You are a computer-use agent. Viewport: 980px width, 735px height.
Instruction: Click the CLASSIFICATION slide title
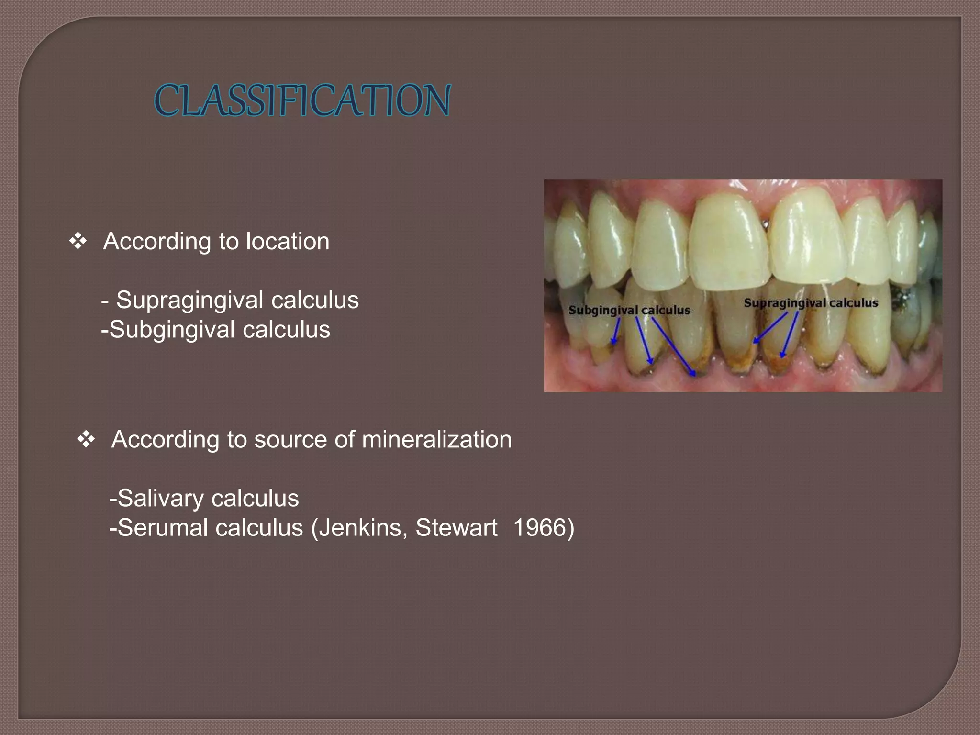pyautogui.click(x=302, y=100)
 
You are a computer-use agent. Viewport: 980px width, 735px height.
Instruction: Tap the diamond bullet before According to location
pyautogui.click(x=78, y=241)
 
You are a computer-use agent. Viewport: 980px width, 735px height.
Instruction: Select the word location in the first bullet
pyautogui.click(x=287, y=241)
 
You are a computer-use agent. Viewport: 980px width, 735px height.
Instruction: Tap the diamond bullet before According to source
pyautogui.click(x=86, y=439)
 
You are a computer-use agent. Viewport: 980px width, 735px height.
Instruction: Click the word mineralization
pyautogui.click(x=436, y=439)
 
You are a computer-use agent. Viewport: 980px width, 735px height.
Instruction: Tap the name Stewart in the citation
pyautogui.click(x=456, y=528)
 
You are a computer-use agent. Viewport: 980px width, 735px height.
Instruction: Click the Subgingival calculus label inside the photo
pyautogui.click(x=629, y=310)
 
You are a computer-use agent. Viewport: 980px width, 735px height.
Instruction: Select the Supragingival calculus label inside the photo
pyautogui.click(x=811, y=303)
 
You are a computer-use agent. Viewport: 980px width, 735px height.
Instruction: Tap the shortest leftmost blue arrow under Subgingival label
pyautogui.click(x=616, y=331)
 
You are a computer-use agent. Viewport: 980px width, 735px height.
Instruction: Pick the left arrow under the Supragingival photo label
pyautogui.click(x=770, y=328)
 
